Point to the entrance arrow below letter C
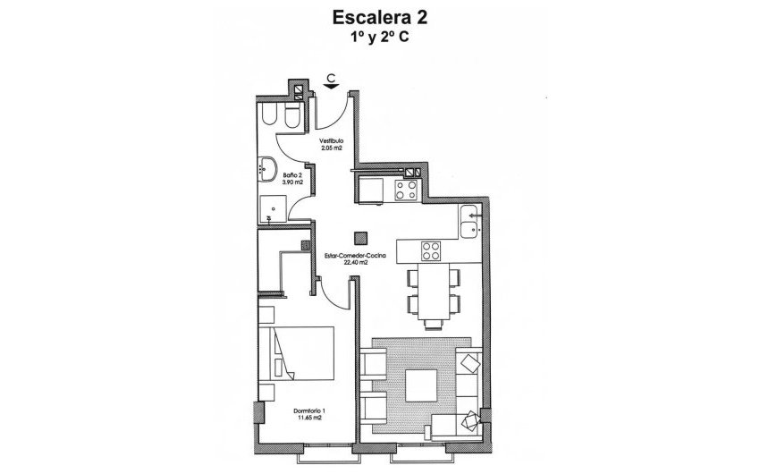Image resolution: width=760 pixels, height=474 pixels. [x=331, y=88]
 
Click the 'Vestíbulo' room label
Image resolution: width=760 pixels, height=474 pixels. [x=333, y=141]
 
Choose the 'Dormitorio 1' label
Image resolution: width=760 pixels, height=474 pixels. [x=310, y=411]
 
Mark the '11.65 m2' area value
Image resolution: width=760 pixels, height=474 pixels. [x=310, y=418]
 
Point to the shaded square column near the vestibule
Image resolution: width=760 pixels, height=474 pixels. [x=359, y=238]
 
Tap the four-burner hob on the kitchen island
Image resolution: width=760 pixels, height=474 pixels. [x=431, y=250]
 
